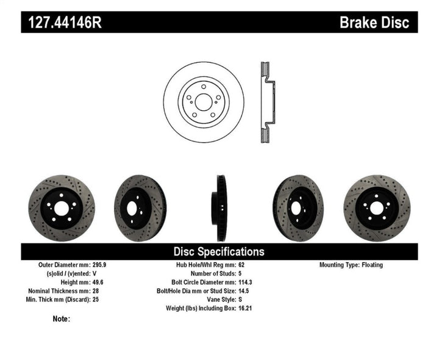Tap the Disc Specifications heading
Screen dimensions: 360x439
coord(219,251)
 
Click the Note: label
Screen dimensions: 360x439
coord(62,319)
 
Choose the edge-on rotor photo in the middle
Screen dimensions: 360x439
coord(219,208)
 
